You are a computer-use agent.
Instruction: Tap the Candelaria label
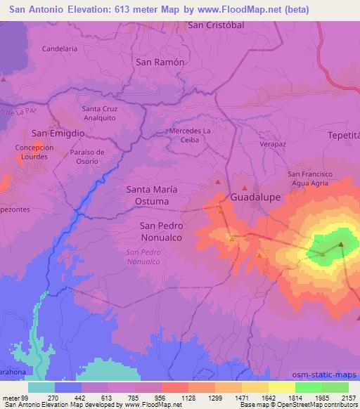coord(60,48)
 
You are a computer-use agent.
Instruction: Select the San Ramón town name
coord(160,62)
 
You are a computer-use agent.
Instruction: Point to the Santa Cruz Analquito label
coord(100,113)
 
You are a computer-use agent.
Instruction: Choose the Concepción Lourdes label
coord(34,152)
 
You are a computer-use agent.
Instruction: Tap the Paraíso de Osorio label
coord(87,156)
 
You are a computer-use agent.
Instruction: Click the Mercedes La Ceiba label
coord(190,135)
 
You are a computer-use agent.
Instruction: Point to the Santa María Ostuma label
coord(148,195)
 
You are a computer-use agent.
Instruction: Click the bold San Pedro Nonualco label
coord(161,231)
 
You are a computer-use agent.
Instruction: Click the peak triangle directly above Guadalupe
coord(245,188)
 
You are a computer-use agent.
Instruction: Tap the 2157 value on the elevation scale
coord(348,397)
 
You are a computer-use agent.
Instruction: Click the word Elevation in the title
coord(83,8)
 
